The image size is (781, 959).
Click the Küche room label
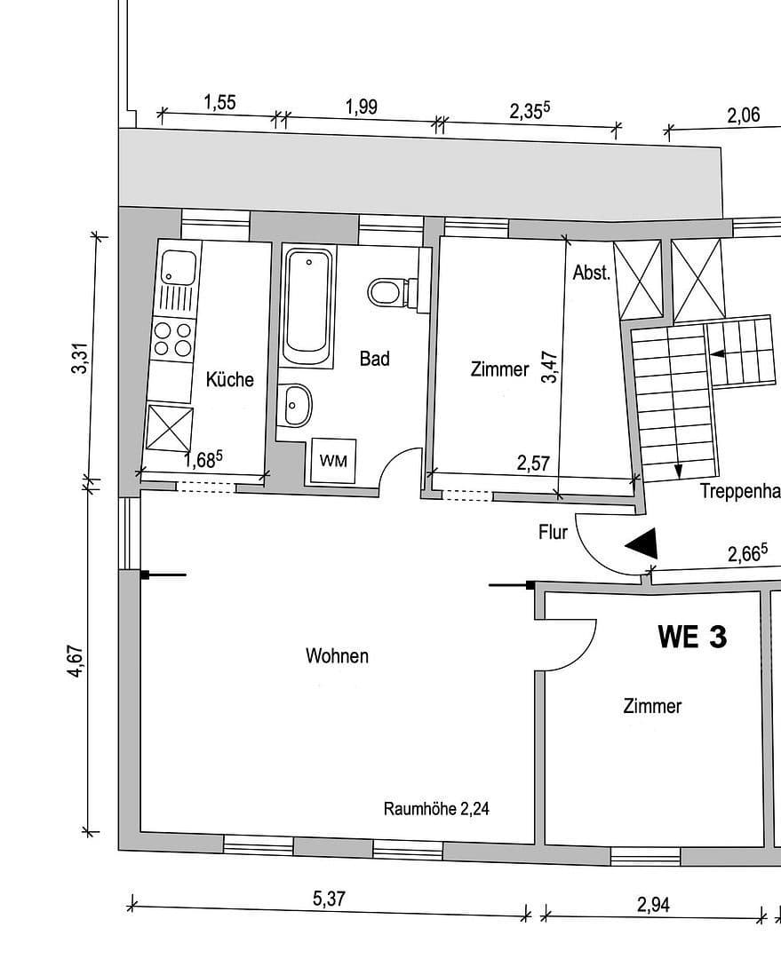229,380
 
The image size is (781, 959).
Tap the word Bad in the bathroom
374,359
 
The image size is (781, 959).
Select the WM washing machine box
333,461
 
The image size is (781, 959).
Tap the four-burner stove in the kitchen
172,337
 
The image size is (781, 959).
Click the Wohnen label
337,656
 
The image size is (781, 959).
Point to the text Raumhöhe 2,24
436,809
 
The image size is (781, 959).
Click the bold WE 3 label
691,636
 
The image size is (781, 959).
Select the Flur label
553,533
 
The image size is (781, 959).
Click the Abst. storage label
592,273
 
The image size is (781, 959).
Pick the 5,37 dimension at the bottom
329,899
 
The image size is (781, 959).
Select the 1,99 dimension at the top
361,107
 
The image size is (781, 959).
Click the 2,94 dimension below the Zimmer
653,905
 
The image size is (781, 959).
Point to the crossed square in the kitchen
170,428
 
